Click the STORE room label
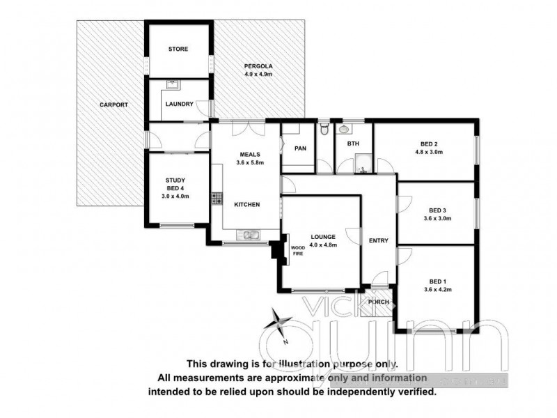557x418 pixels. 178,49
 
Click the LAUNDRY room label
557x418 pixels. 178,105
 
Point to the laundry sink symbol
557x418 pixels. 171,86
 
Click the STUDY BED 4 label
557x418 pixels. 174,187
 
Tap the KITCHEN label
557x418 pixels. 246,205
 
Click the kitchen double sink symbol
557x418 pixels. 247,235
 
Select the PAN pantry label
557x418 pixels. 301,148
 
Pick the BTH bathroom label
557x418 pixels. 353,144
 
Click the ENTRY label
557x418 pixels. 379,241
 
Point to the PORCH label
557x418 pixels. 378,302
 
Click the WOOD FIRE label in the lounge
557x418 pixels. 297,251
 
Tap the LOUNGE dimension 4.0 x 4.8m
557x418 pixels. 324,245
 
